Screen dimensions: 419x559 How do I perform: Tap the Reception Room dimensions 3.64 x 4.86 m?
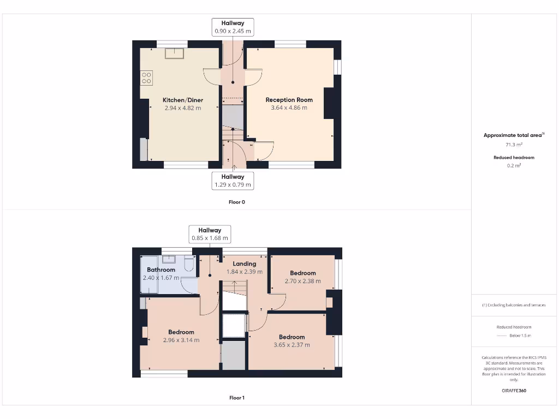click(x=289, y=108)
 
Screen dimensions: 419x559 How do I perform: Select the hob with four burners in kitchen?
click(x=146, y=77)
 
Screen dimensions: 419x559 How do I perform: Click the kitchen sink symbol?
click(x=175, y=52)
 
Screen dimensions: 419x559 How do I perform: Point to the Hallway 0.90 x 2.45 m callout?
click(x=233, y=27)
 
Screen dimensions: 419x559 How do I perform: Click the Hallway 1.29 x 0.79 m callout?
click(x=233, y=181)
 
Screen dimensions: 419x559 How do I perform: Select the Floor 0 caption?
click(x=236, y=202)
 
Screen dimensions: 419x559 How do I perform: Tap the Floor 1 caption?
click(x=236, y=398)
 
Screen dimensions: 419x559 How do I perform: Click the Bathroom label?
click(x=160, y=270)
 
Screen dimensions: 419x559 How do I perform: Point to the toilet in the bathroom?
click(x=189, y=264)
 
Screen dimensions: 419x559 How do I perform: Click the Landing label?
click(x=244, y=264)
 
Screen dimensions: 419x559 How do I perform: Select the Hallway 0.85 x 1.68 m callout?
click(x=210, y=234)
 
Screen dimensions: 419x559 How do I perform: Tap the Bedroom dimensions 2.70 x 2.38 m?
click(x=302, y=282)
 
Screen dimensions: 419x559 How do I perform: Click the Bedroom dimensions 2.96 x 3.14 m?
click(x=181, y=340)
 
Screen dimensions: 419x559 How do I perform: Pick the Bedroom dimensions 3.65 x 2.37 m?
click(x=292, y=345)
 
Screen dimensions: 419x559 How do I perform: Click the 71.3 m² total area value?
click(x=514, y=145)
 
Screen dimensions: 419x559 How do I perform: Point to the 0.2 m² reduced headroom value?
click(x=514, y=166)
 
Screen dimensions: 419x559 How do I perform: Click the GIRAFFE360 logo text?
click(x=514, y=391)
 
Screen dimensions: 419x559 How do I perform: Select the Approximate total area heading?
click(x=513, y=135)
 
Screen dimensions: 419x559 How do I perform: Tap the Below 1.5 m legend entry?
click(x=520, y=336)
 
